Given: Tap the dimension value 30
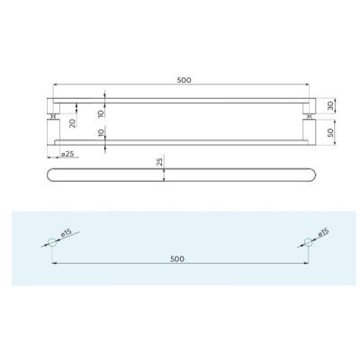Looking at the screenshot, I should (330, 106).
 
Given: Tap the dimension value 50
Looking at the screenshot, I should (330, 131).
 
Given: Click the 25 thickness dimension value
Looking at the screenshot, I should (158, 163).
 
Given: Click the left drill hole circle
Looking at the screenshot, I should (51, 240).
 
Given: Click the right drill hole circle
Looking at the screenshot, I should (306, 240).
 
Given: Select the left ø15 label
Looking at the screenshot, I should (66, 234).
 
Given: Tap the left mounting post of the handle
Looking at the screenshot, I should (53, 116).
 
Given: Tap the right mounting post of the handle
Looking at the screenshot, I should (309, 116).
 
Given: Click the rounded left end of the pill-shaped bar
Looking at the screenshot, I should (48, 172).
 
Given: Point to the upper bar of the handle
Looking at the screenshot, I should (180, 100).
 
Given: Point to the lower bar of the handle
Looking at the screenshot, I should (180, 140).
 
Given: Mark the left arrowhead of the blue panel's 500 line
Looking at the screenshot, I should (54, 264).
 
